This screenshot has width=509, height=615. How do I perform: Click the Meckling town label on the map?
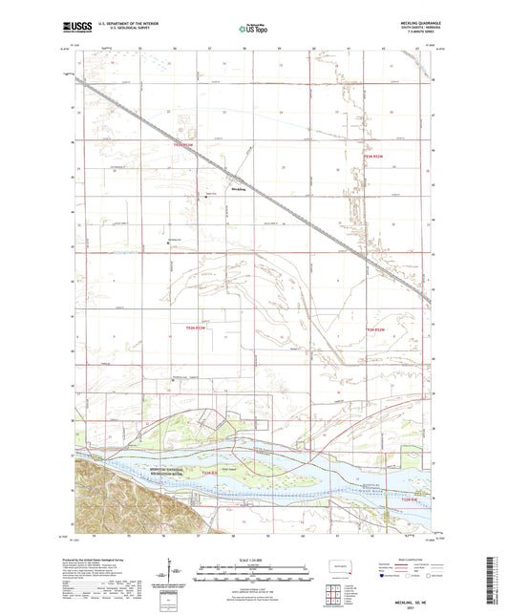(239, 189)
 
